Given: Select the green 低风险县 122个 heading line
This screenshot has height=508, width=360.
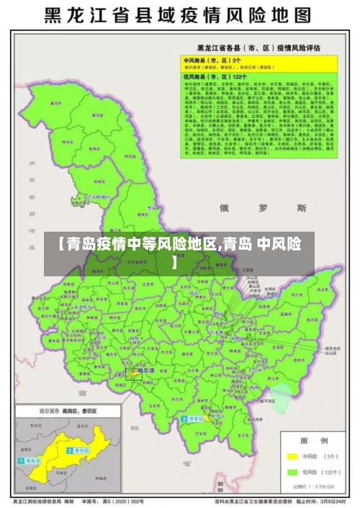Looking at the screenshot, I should point(216,75).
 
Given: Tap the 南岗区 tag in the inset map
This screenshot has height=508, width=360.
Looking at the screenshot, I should point(32,460).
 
